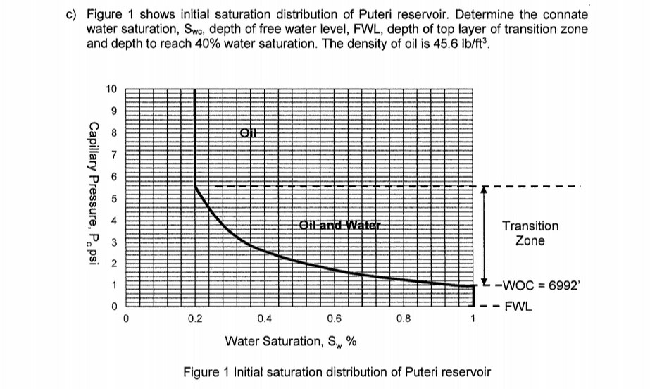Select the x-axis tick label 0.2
point(195,319)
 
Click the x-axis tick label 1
point(473,319)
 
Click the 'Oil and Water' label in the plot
point(339,226)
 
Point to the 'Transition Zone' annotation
point(530,233)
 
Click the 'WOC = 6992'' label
point(537,285)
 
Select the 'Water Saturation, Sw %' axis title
point(289,342)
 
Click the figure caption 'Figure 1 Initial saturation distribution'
point(336,372)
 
